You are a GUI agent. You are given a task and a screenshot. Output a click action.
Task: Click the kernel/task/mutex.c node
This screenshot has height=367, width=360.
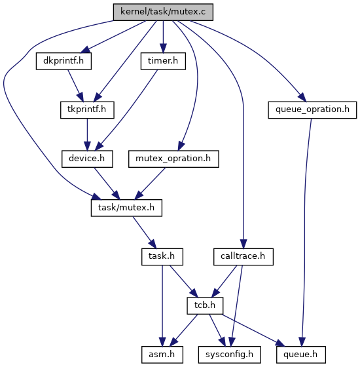[163, 12]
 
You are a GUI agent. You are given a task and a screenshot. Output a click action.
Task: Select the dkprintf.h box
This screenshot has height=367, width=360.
[63, 61]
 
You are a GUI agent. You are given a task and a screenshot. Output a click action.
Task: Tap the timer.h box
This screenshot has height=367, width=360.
[163, 61]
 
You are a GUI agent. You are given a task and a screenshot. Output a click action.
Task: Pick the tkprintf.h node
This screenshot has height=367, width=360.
[87, 110]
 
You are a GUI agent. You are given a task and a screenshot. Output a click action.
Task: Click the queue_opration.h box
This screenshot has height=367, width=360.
[312, 110]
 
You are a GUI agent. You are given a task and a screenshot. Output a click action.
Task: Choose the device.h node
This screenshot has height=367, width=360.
[87, 159]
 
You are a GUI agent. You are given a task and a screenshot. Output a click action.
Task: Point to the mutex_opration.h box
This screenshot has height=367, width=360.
[173, 159]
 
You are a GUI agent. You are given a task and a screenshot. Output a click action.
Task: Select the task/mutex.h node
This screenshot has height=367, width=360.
[126, 208]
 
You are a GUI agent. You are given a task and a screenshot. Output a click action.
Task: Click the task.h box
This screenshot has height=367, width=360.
[162, 257]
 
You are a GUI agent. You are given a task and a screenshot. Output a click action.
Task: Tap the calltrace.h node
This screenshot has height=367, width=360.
[243, 257]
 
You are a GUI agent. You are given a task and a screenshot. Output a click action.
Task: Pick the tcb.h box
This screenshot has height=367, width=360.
[205, 305]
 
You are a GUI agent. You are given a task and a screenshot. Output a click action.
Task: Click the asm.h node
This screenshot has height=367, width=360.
[162, 355]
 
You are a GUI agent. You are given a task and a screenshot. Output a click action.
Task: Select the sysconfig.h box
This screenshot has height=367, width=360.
[230, 355]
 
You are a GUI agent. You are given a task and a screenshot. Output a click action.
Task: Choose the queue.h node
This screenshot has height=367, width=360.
[301, 355]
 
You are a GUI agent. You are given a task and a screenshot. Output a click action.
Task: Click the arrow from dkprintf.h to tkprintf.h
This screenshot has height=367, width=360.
[75, 85]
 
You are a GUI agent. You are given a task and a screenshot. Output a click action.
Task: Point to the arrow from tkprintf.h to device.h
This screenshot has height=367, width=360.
[87, 134]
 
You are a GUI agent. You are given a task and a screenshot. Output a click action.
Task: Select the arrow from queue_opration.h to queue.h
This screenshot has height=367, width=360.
[304, 232]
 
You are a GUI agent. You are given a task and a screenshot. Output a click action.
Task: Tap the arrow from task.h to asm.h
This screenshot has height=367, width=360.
[162, 305]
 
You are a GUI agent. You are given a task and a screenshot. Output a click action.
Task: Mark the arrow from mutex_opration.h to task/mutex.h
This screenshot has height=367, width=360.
[150, 183]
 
